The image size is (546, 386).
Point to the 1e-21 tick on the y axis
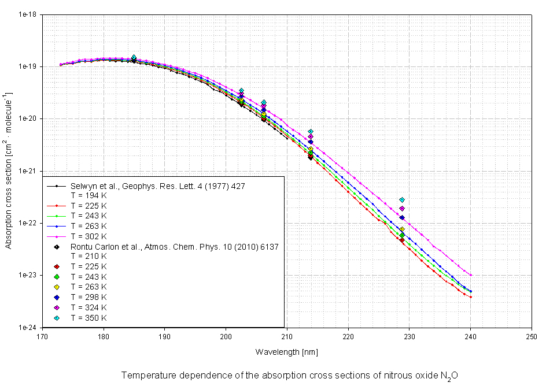point(26,171)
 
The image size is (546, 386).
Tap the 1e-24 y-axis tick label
point(26,327)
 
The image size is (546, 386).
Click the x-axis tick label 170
point(42,336)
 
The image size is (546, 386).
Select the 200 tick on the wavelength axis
point(226,336)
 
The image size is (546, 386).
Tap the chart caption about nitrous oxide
point(289,375)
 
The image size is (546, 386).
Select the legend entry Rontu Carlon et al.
point(175,247)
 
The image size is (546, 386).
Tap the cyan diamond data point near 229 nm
point(402,200)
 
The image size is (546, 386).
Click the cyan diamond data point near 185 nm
point(134,57)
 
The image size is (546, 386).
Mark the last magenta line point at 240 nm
point(471,275)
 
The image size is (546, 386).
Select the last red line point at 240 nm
point(471,297)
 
